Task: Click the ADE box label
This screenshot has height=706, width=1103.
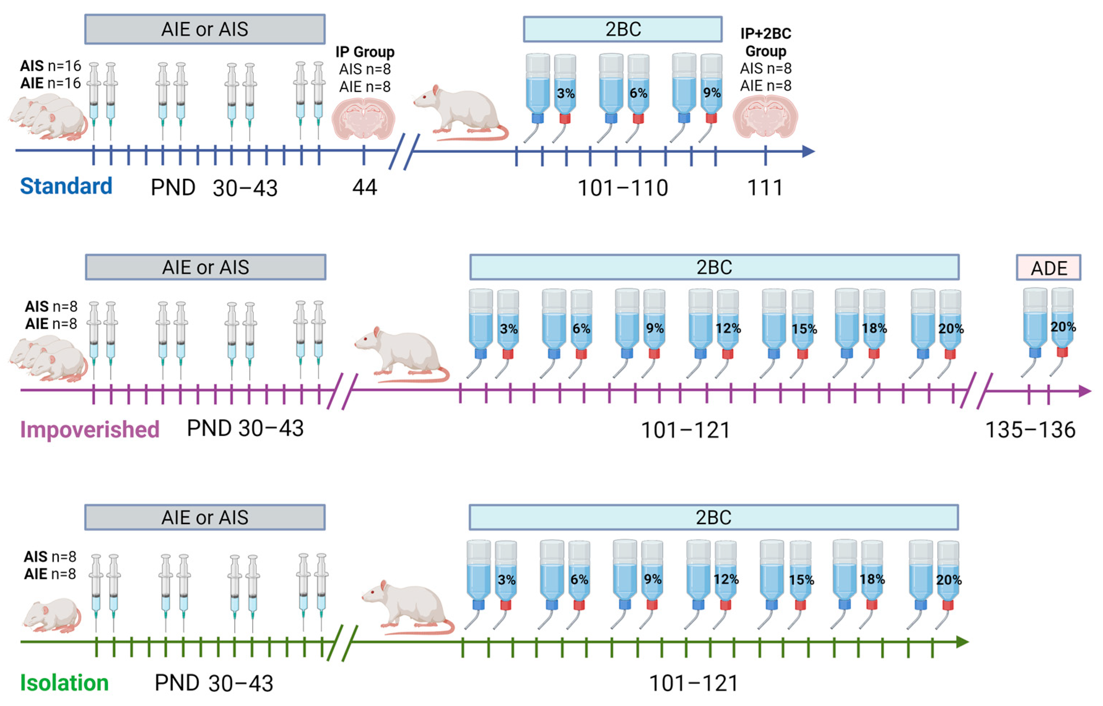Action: tap(1048, 268)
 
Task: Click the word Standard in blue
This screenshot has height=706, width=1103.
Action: tap(66, 186)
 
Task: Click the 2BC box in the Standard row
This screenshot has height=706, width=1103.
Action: tap(623, 29)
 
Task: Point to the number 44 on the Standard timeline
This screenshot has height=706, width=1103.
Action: tap(365, 187)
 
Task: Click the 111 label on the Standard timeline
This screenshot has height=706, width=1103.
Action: tap(765, 187)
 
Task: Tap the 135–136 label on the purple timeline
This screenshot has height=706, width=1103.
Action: tap(1030, 430)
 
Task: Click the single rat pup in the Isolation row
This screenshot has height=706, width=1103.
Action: tap(52, 614)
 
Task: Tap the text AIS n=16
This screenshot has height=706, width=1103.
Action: tap(51, 66)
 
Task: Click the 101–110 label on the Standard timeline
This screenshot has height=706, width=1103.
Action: tap(623, 188)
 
